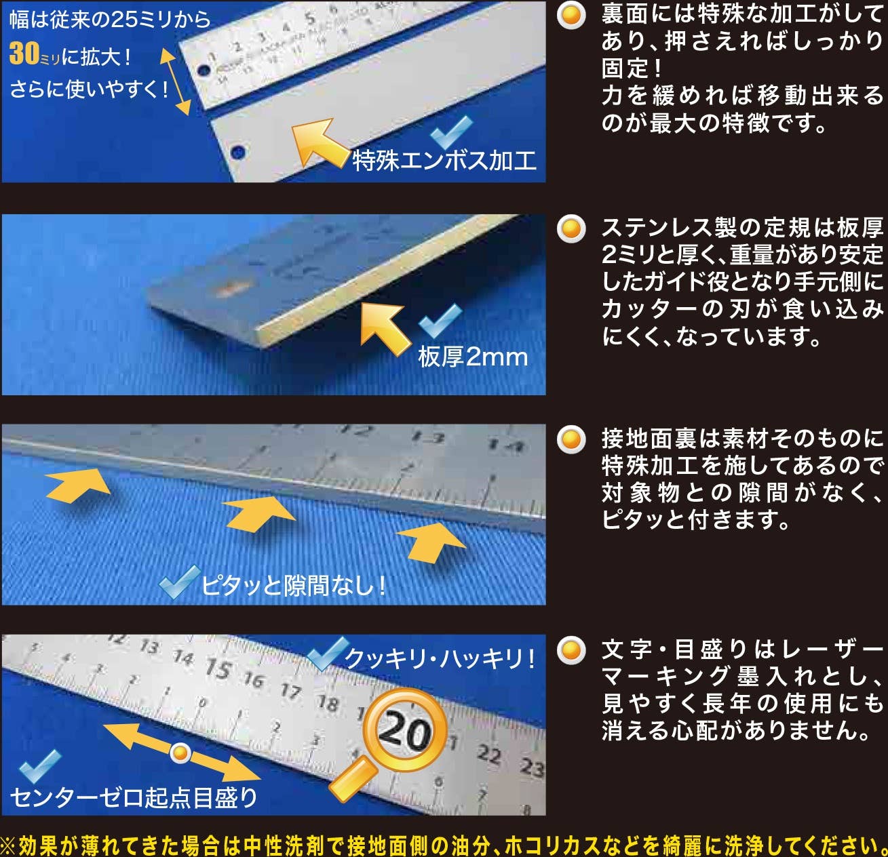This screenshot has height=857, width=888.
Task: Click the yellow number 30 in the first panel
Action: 24,54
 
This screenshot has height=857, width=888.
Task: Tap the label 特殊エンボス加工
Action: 444,161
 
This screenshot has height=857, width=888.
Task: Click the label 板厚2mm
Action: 473,357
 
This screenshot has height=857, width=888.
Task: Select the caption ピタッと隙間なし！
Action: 293,585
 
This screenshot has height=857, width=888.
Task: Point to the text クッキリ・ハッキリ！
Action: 440,658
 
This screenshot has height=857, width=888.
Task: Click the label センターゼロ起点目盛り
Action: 133,798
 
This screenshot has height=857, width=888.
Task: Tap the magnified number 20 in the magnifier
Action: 404,732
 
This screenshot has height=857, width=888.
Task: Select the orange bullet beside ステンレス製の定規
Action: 571,228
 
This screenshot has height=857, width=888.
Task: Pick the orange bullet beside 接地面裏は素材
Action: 571,439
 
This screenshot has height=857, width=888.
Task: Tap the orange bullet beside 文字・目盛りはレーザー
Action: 571,650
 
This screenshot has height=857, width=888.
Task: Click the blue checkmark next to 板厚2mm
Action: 440,320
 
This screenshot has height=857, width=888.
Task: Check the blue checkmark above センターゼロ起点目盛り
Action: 39,766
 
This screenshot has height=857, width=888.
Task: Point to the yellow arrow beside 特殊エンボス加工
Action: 319,142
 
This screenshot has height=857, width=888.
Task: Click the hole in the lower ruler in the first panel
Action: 237,151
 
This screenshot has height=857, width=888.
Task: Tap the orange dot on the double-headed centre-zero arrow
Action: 180,753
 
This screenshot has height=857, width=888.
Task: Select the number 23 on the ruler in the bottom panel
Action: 532,768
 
